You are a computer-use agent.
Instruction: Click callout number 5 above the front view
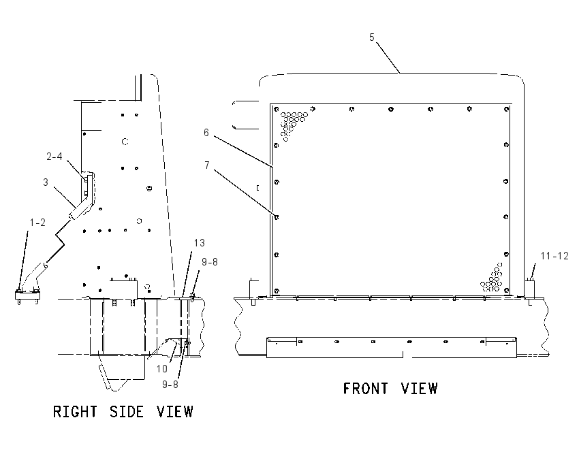(x=372, y=37)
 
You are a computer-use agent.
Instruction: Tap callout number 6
(x=206, y=133)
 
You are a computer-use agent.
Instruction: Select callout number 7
(x=207, y=165)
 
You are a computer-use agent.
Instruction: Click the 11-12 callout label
(x=554, y=256)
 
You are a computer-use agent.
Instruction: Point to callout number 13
(x=200, y=243)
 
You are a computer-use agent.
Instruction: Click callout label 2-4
(x=54, y=157)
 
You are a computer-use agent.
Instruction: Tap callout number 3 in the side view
(x=46, y=182)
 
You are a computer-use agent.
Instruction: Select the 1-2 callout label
(x=37, y=223)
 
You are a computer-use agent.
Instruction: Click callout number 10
(x=161, y=368)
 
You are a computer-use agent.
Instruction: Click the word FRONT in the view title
(x=366, y=389)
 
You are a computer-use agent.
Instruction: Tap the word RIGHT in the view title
(x=76, y=412)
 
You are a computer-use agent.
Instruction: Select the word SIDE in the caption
(x=127, y=412)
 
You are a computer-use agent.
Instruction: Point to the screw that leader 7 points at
(x=276, y=217)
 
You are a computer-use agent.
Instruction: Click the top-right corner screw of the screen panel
(x=507, y=109)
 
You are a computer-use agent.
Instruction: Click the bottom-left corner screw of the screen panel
(x=277, y=291)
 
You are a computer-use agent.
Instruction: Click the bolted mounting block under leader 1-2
(x=27, y=295)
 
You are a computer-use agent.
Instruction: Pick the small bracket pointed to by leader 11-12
(x=530, y=289)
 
